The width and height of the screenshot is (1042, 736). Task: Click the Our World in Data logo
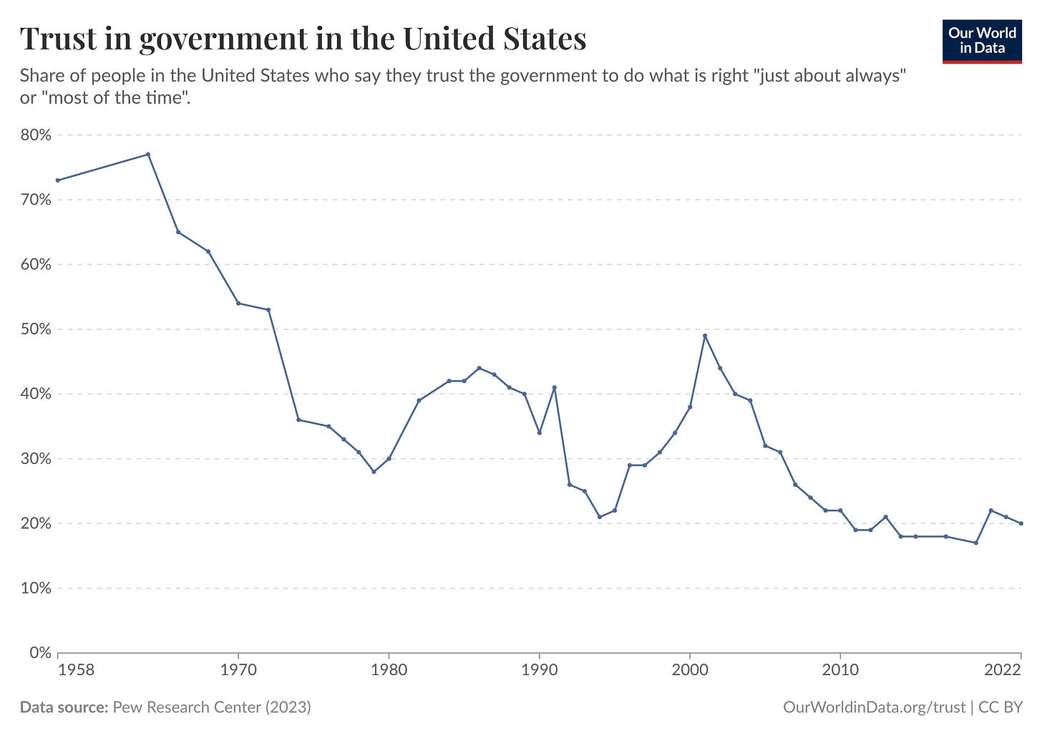click(981, 41)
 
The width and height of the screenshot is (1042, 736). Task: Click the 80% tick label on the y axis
click(35, 135)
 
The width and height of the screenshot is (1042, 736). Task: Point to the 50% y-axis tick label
click(35, 329)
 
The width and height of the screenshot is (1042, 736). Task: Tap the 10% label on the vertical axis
click(35, 589)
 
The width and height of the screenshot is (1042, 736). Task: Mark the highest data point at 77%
click(148, 155)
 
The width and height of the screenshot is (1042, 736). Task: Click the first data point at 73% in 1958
click(58, 180)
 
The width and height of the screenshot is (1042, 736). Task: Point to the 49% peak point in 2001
click(705, 336)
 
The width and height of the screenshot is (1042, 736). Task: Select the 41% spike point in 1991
click(555, 387)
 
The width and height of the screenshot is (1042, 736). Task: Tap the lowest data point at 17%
click(975, 543)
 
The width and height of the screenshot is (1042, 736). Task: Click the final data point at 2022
click(1021, 523)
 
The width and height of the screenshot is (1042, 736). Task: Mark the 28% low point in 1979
click(374, 472)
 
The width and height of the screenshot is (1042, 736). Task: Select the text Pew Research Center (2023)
click(211, 707)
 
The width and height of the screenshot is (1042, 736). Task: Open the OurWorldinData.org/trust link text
click(874, 707)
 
